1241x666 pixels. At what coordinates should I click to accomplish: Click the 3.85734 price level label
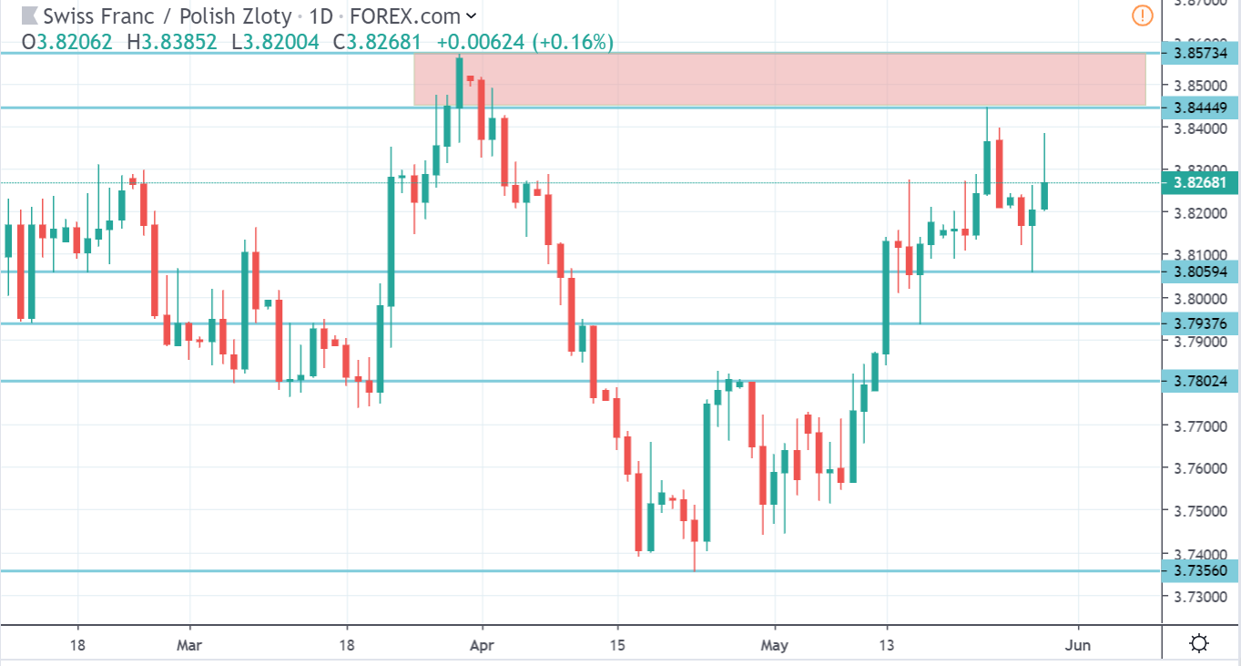click(1201, 54)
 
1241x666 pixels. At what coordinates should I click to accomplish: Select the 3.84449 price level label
click(1201, 108)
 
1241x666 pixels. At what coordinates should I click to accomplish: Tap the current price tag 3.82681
click(1201, 182)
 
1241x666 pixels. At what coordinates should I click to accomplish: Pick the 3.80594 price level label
click(1201, 272)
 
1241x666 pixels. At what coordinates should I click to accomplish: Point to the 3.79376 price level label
click(1201, 323)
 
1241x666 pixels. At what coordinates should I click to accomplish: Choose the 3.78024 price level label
click(1201, 381)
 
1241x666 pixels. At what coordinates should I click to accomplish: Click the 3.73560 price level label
click(1201, 570)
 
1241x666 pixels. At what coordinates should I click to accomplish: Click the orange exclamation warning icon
click(1143, 15)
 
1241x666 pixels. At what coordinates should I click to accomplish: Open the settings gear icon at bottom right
click(1199, 643)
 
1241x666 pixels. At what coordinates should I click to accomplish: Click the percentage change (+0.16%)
click(572, 42)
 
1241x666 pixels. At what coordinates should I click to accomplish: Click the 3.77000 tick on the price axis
click(1200, 425)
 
